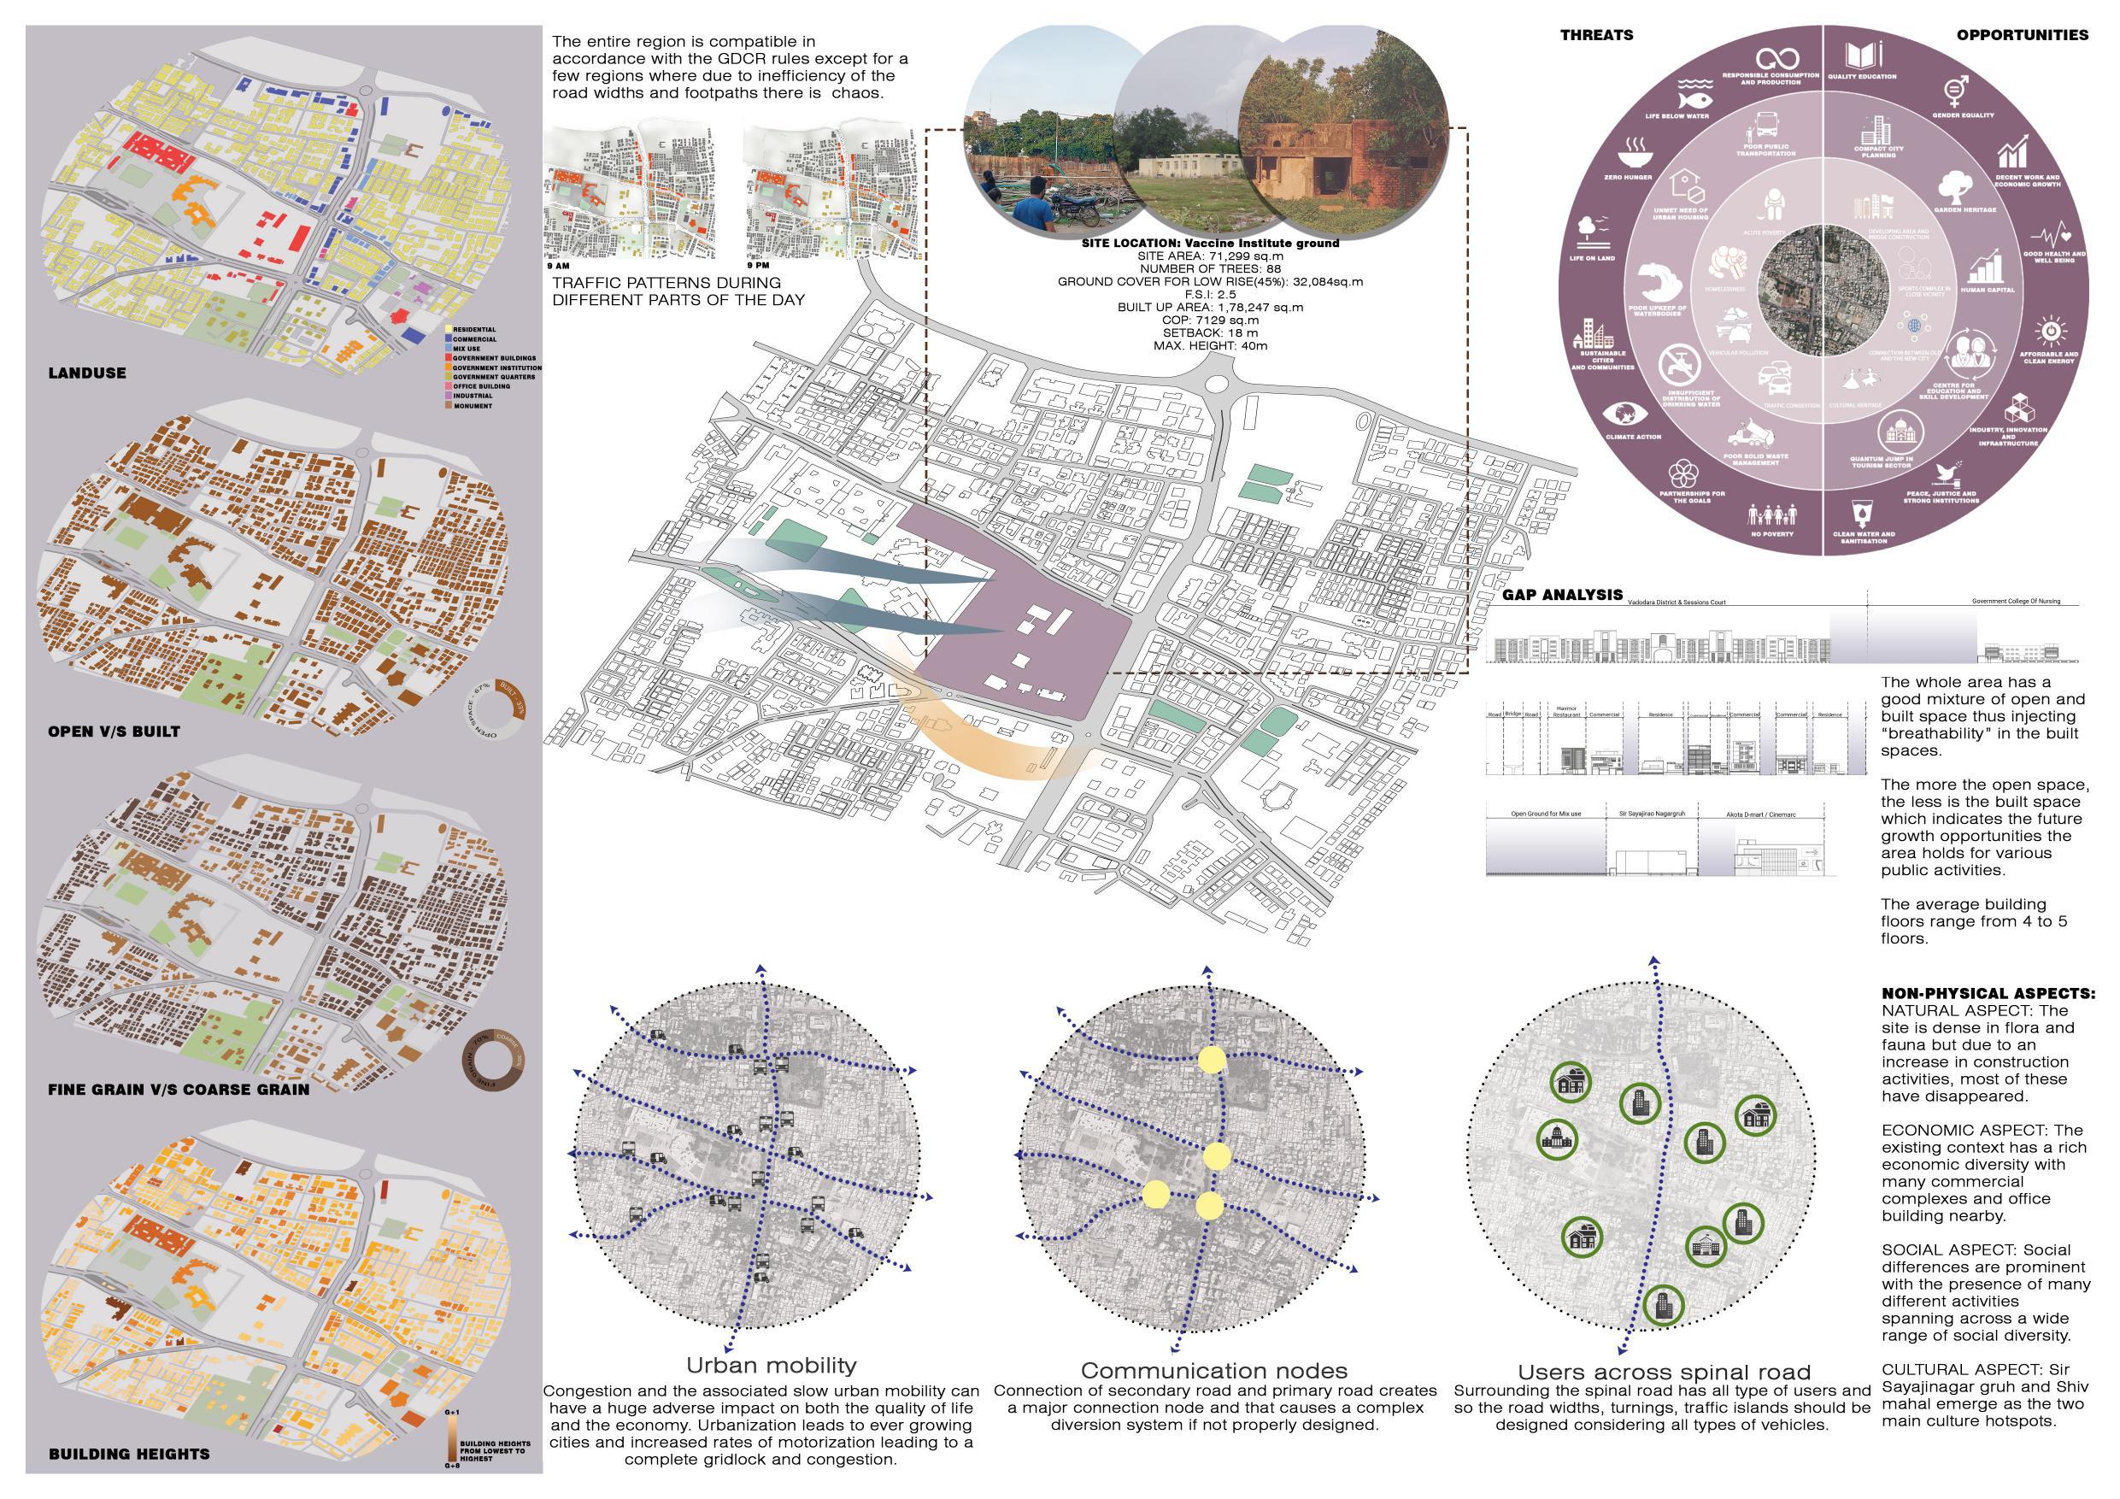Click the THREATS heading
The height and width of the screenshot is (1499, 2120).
pyautogui.click(x=1596, y=35)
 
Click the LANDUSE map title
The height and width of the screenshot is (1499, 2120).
pyautogui.click(x=87, y=373)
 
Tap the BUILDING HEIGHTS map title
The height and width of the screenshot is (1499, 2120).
pyautogui.click(x=128, y=1453)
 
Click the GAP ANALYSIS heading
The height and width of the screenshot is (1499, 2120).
pyautogui.click(x=1561, y=595)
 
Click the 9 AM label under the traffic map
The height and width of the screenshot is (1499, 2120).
pyautogui.click(x=559, y=266)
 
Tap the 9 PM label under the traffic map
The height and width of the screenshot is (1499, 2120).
pyautogui.click(x=758, y=266)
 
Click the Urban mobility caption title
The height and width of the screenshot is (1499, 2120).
pyautogui.click(x=771, y=1365)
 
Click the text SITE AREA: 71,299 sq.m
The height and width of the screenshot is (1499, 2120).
pyautogui.click(x=1210, y=255)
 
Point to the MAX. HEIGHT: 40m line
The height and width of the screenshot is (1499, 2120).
pyautogui.click(x=1210, y=345)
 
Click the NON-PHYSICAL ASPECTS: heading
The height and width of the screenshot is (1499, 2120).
pyautogui.click(x=1988, y=994)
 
